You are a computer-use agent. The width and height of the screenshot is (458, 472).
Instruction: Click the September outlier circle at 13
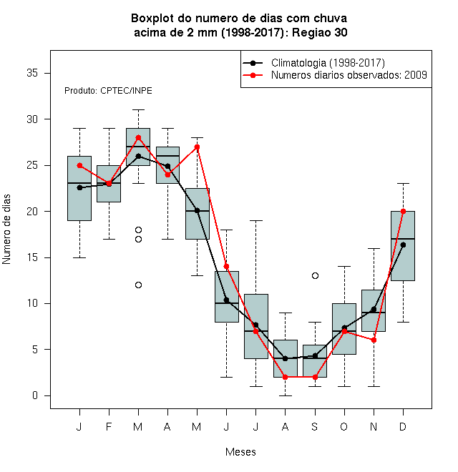315,276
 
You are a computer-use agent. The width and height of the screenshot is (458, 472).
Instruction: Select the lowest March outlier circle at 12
138,285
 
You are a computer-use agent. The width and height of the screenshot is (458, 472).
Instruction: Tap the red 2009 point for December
403,211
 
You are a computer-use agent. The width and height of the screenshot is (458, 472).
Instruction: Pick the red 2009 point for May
197,147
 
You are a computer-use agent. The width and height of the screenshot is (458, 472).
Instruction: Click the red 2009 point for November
374,340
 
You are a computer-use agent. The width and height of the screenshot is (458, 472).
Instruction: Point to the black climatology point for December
403,245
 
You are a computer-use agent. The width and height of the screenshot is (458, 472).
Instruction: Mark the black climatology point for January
79,187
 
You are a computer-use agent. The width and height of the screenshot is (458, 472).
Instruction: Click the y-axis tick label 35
32,73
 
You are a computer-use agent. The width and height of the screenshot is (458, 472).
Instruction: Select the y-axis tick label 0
35,395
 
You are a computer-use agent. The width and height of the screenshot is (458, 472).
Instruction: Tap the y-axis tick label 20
32,211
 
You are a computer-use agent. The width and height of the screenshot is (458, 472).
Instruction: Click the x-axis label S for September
315,426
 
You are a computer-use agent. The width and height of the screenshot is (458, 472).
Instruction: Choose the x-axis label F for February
109,426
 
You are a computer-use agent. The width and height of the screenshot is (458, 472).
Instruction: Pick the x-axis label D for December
403,426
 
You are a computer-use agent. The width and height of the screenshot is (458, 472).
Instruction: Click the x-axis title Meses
240,452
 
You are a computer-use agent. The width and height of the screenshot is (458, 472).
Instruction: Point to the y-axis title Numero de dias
6,230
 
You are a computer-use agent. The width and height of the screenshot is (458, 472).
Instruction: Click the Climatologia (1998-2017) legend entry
313,63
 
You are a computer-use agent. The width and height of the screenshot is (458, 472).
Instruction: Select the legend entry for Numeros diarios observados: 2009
335,75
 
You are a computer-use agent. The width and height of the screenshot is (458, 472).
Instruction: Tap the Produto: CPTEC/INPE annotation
108,91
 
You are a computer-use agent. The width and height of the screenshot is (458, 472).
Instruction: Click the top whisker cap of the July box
255,221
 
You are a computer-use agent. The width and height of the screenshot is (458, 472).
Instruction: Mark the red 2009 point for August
285,377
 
